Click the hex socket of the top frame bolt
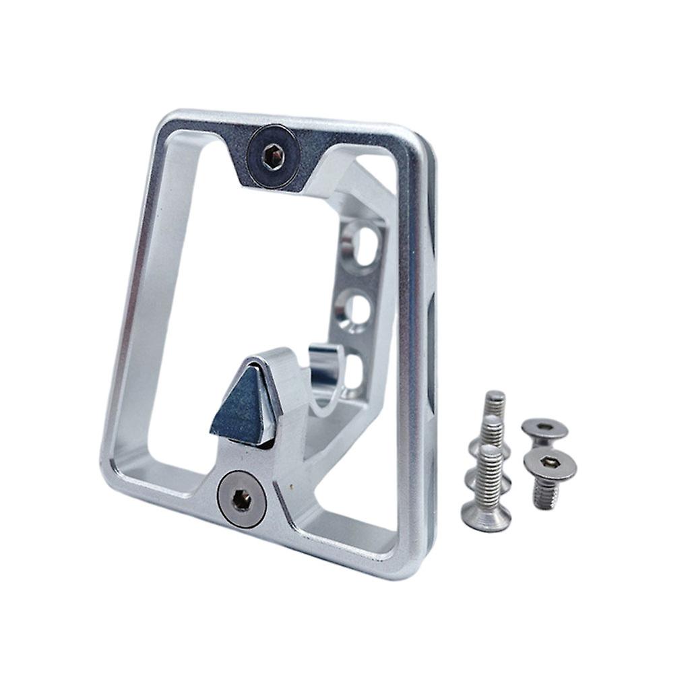pos(272,158)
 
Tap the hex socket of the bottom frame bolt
pos(241,499)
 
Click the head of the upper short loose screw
pos(544,428)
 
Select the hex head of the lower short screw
pos(551,464)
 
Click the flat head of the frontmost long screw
pos(484,515)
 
